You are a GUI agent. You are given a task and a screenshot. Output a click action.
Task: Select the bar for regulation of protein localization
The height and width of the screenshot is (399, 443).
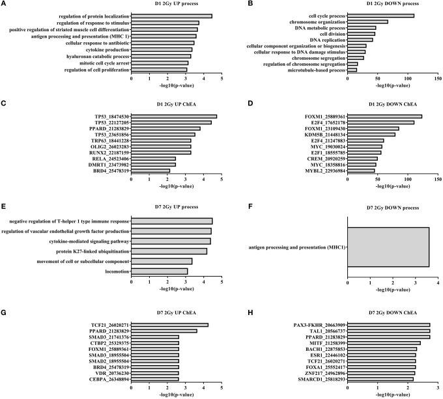click(172, 16)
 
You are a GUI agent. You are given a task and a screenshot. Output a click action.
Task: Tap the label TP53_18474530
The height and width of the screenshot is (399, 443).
click(109, 117)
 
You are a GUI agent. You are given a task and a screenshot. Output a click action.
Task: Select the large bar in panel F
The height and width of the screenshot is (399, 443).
click(388, 247)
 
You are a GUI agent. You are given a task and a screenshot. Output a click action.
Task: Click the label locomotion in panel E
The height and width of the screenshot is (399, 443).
click(115, 271)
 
